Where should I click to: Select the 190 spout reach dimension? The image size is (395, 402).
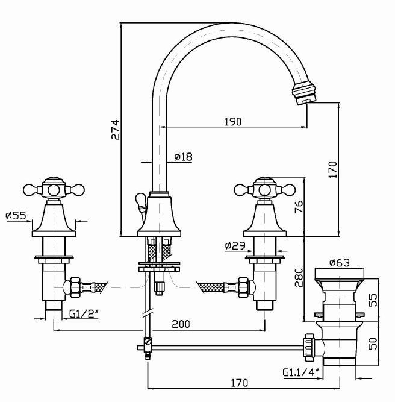click(233, 122)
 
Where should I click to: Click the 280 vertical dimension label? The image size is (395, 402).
click(297, 278)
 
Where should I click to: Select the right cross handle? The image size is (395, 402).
click(265, 189)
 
